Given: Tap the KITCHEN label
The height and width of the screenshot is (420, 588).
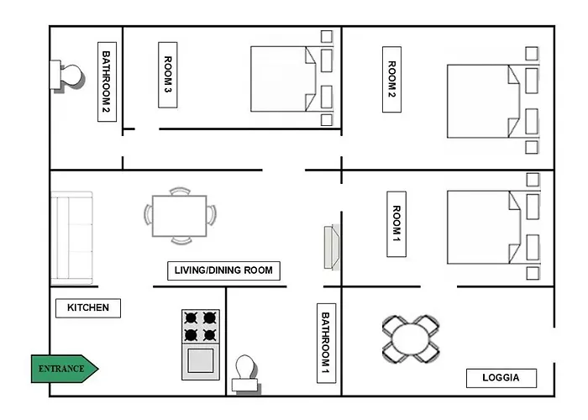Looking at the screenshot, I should click(x=88, y=307).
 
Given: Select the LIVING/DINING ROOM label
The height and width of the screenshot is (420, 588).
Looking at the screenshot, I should click(x=223, y=270).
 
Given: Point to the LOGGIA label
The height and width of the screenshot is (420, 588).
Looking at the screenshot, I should click(x=501, y=377).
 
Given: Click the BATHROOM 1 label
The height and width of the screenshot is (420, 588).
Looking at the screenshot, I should click(x=327, y=343).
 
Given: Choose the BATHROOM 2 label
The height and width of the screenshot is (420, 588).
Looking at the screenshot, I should click(x=107, y=81).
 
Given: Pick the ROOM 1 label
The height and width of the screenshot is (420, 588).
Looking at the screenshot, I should click(x=397, y=224).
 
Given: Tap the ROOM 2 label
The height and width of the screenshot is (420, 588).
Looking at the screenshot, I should click(x=391, y=81).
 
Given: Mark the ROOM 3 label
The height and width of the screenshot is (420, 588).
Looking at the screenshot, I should click(x=168, y=74).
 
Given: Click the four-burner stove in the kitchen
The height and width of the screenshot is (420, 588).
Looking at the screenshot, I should click(x=201, y=327).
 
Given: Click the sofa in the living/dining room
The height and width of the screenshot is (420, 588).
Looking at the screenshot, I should click(x=71, y=237).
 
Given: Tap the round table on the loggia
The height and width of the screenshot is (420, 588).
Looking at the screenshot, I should click(x=411, y=338).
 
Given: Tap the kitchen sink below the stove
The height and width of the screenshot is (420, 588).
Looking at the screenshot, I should click(x=201, y=361).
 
